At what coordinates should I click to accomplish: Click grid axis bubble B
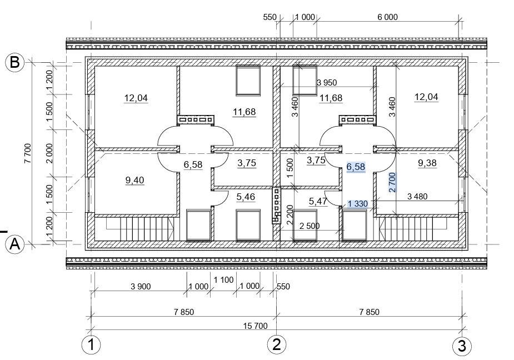[15, 62]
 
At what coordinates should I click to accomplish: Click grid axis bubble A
[15, 244]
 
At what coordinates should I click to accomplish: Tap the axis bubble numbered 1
[91, 345]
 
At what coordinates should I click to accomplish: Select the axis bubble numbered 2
[277, 344]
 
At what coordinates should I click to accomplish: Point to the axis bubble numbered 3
[462, 346]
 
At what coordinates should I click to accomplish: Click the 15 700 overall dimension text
[256, 326]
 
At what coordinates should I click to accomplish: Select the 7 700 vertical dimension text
[28, 153]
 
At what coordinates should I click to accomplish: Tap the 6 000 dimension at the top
[387, 17]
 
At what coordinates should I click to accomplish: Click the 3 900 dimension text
[141, 287]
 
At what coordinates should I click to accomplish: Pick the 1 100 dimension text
[223, 280]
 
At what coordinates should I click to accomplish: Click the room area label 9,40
[134, 180]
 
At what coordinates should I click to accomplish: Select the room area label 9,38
[427, 163]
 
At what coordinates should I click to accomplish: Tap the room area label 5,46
[246, 197]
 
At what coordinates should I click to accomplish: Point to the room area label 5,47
[318, 201]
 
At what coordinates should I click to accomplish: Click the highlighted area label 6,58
[356, 167]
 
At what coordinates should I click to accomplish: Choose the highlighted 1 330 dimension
[358, 204]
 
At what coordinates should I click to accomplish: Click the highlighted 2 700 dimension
[392, 182]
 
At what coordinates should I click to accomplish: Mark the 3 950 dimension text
[327, 83]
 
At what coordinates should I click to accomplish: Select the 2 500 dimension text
[310, 226]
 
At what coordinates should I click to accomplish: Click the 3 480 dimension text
[417, 197]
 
